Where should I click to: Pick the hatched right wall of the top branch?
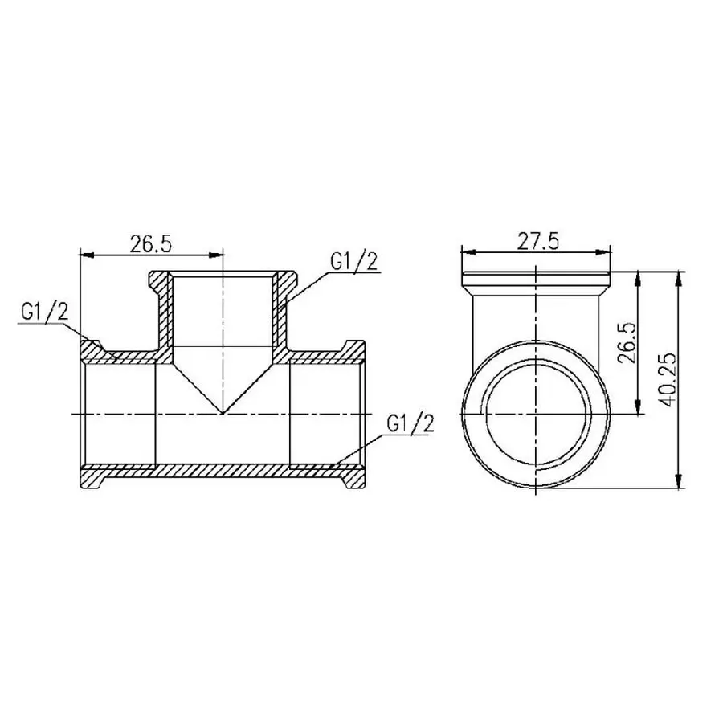tap(280, 317)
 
